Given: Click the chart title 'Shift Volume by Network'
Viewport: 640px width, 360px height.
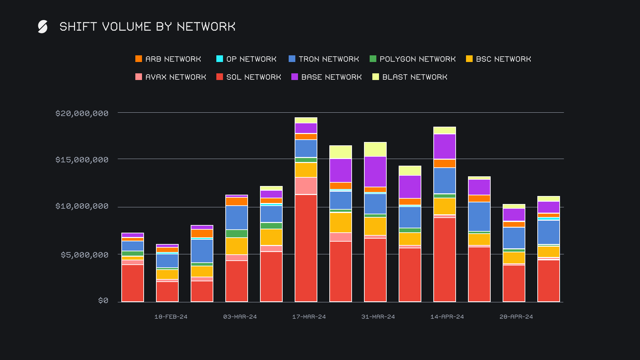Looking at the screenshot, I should point(147,27).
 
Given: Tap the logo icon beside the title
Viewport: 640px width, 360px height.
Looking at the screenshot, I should point(43,27).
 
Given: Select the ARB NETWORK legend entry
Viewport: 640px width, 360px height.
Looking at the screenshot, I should point(168,59).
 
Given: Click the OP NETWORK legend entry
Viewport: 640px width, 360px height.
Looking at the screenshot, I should point(247,59).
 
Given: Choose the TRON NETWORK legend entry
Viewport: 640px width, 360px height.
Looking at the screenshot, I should point(324,59).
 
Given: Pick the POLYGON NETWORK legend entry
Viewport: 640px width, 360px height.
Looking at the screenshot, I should point(413,59).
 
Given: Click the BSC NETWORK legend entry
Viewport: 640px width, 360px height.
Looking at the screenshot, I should point(499,59).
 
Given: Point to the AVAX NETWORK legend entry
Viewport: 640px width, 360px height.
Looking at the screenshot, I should point(171,77).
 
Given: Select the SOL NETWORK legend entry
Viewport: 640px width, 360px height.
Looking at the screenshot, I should point(249,77).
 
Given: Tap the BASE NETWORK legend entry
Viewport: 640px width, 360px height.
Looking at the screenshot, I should point(327,77).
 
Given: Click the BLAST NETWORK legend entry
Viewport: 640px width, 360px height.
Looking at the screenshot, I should point(410,77).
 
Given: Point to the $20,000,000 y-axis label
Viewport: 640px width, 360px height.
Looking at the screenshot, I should point(82,113).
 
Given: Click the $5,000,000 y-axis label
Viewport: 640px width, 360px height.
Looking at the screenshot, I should point(85,255).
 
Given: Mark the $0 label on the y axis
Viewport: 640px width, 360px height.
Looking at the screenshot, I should point(103,301).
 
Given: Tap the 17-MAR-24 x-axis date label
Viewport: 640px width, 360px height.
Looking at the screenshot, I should point(309,317).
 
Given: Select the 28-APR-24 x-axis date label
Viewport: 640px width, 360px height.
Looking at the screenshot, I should point(516,317).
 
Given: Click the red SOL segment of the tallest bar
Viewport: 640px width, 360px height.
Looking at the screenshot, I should point(306,248).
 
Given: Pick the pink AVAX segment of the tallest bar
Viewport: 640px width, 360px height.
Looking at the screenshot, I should point(306,186).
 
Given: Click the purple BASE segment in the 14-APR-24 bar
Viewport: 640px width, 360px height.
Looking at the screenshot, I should point(445,146).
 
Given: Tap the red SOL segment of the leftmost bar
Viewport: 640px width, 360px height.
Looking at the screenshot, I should point(133,283).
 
